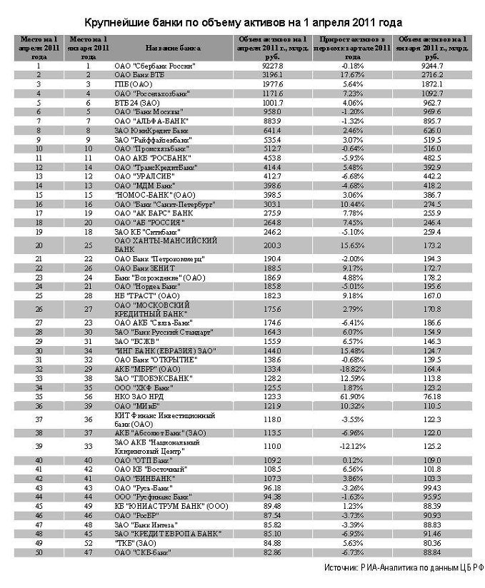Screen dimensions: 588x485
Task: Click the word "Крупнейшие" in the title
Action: pos(116,23)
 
